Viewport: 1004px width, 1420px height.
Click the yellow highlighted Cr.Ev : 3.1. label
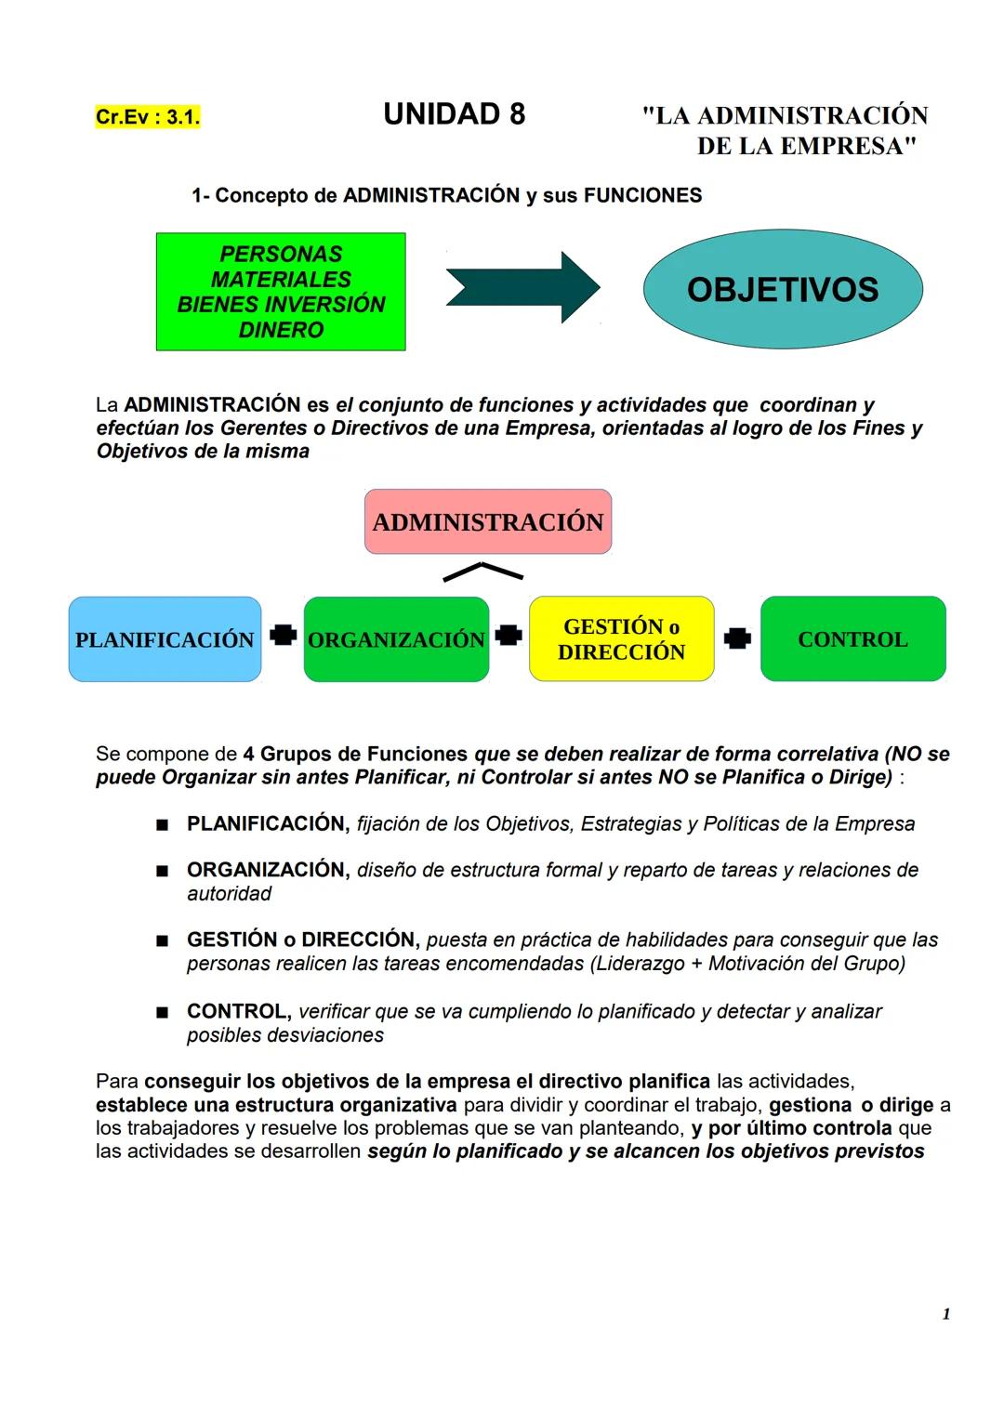pyautogui.click(x=147, y=118)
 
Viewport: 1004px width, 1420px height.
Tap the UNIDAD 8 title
pyautogui.click(x=454, y=114)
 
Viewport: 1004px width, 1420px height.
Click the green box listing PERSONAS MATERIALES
pyautogui.click(x=281, y=292)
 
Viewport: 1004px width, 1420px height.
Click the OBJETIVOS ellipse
pyautogui.click(x=783, y=289)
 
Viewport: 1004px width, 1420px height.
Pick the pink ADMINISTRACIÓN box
pyautogui.click(x=488, y=522)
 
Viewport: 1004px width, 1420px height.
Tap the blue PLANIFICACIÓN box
pyautogui.click(x=165, y=639)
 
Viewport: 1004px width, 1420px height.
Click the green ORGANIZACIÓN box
pyautogui.click(x=396, y=639)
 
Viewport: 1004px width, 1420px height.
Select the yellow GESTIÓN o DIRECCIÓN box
pyautogui.click(x=621, y=639)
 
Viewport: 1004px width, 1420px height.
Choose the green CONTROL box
pyautogui.click(x=852, y=639)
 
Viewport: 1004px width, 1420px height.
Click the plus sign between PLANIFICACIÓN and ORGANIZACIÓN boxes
pyautogui.click(x=283, y=636)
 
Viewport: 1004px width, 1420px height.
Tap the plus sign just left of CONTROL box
pyautogui.click(x=737, y=638)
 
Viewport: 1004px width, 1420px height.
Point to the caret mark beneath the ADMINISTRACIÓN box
pyautogui.click(x=482, y=572)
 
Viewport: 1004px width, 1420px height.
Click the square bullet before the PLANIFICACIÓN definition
pyautogui.click(x=162, y=824)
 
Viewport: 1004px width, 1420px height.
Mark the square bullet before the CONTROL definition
pyautogui.click(x=162, y=1012)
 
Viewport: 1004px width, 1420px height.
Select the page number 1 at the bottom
pyautogui.click(x=945, y=1314)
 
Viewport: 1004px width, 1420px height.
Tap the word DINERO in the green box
pyautogui.click(x=281, y=330)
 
